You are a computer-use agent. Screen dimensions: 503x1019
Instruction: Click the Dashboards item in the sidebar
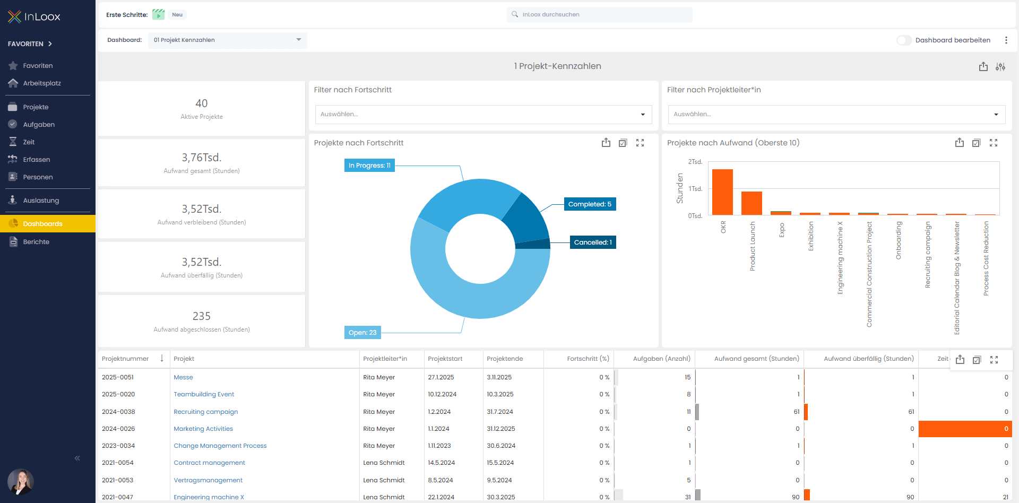[x=42, y=224]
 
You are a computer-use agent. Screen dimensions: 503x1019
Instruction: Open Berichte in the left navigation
[x=36, y=242]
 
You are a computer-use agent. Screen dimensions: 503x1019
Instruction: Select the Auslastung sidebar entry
[x=41, y=201]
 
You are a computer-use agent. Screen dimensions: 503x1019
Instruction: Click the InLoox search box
[x=600, y=15]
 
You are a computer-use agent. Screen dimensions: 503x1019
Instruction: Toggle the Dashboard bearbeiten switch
[x=904, y=40]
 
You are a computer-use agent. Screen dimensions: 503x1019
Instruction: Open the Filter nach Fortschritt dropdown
[x=483, y=115]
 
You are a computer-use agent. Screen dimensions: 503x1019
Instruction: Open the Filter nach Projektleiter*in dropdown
[x=836, y=115]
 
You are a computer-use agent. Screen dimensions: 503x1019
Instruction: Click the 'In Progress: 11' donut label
[x=369, y=166]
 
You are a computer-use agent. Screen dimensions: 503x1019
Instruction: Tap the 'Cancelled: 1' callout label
[x=593, y=242]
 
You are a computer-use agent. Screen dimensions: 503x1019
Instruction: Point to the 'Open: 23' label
[x=362, y=333]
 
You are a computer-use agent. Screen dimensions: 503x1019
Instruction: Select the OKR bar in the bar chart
[x=722, y=192]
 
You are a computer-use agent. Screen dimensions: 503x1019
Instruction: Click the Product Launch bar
[x=752, y=203]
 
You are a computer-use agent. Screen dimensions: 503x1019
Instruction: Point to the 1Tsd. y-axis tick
[x=695, y=189]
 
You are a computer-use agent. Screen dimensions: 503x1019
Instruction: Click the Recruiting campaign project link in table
[x=205, y=412]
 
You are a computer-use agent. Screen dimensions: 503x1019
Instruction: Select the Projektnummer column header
[x=125, y=359]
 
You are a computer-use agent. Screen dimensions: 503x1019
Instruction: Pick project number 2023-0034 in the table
[x=118, y=446]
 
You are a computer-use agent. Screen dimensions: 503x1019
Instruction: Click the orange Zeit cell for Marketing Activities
[x=964, y=429]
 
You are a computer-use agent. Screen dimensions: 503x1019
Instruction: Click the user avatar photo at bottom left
[x=20, y=481]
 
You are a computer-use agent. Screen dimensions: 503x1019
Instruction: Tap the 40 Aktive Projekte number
[x=202, y=103]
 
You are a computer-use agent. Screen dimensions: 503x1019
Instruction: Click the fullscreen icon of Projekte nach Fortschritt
[x=640, y=143]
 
